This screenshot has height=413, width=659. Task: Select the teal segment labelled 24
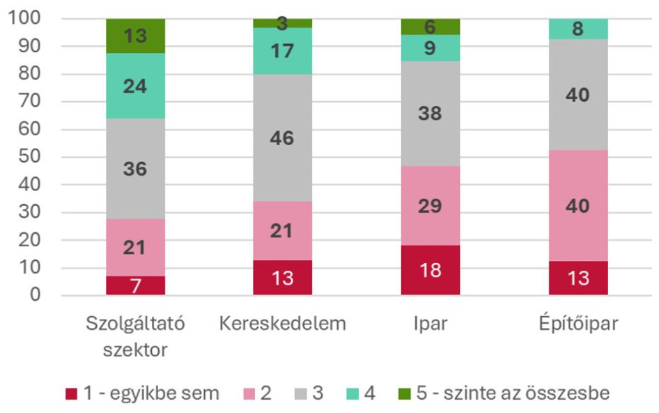coord(135,86)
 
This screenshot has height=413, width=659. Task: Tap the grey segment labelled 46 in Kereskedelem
coord(283,137)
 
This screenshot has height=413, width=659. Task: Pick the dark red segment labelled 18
coord(431,270)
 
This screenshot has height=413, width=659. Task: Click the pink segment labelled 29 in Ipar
coord(431,206)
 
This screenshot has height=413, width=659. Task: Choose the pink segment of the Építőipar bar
coord(578,206)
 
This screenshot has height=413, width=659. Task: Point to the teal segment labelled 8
coord(578,29)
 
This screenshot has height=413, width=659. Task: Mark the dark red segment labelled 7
coord(135,285)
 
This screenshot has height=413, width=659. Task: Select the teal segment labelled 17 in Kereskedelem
coord(283,51)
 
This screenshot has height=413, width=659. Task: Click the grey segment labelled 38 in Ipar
coord(431,114)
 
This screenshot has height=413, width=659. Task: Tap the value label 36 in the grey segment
coord(135,169)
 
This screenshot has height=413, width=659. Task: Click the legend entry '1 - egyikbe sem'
coord(143,393)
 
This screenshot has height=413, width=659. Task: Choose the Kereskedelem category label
coord(283,324)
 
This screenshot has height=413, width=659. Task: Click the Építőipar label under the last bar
coord(578,324)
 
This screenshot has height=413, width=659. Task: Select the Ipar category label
coord(431,324)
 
